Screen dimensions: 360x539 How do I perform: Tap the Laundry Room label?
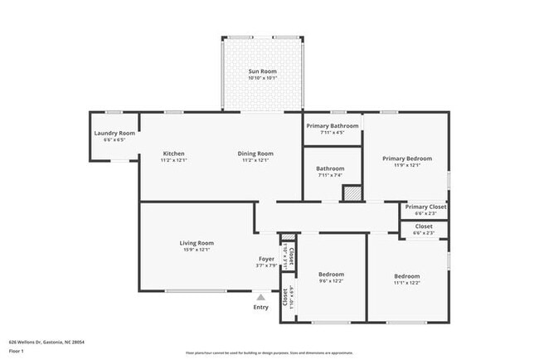click(114, 133)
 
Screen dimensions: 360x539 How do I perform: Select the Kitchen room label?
click(173, 153)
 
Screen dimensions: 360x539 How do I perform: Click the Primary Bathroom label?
click(332, 125)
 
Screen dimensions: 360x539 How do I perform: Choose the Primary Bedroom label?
click(406, 158)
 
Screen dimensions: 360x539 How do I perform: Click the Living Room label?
click(197, 243)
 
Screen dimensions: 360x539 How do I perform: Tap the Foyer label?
click(266, 259)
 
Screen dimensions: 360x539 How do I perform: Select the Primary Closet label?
click(425, 207)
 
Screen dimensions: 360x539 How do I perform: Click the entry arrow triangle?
click(261, 296)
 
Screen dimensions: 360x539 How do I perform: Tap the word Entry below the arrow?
click(261, 307)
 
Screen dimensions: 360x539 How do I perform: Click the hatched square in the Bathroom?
click(353, 192)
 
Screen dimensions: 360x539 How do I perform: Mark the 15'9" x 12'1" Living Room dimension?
click(197, 250)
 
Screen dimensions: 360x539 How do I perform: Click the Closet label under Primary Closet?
click(423, 226)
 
